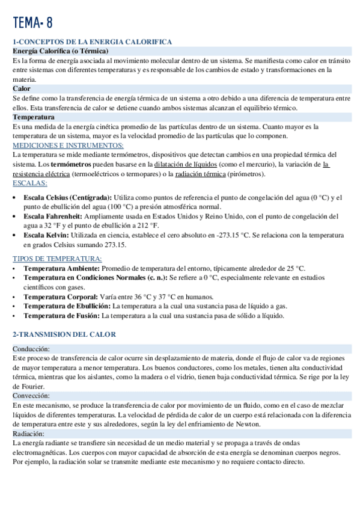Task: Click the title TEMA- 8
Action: coord(32,23)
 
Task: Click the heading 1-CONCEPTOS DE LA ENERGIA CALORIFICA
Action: coord(93,41)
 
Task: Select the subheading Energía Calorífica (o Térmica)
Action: coord(60,51)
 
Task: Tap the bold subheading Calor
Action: coord(22,88)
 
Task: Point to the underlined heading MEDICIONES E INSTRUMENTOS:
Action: coord(68,146)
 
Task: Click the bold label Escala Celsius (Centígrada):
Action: coord(67,197)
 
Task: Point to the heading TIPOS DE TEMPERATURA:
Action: coord(57,259)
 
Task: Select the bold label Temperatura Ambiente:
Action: coord(61,268)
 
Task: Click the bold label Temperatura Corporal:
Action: coord(60,296)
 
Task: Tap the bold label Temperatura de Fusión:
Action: coord(62,315)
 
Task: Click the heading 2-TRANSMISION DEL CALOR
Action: coord(64,334)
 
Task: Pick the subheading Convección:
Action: coord(32,396)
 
